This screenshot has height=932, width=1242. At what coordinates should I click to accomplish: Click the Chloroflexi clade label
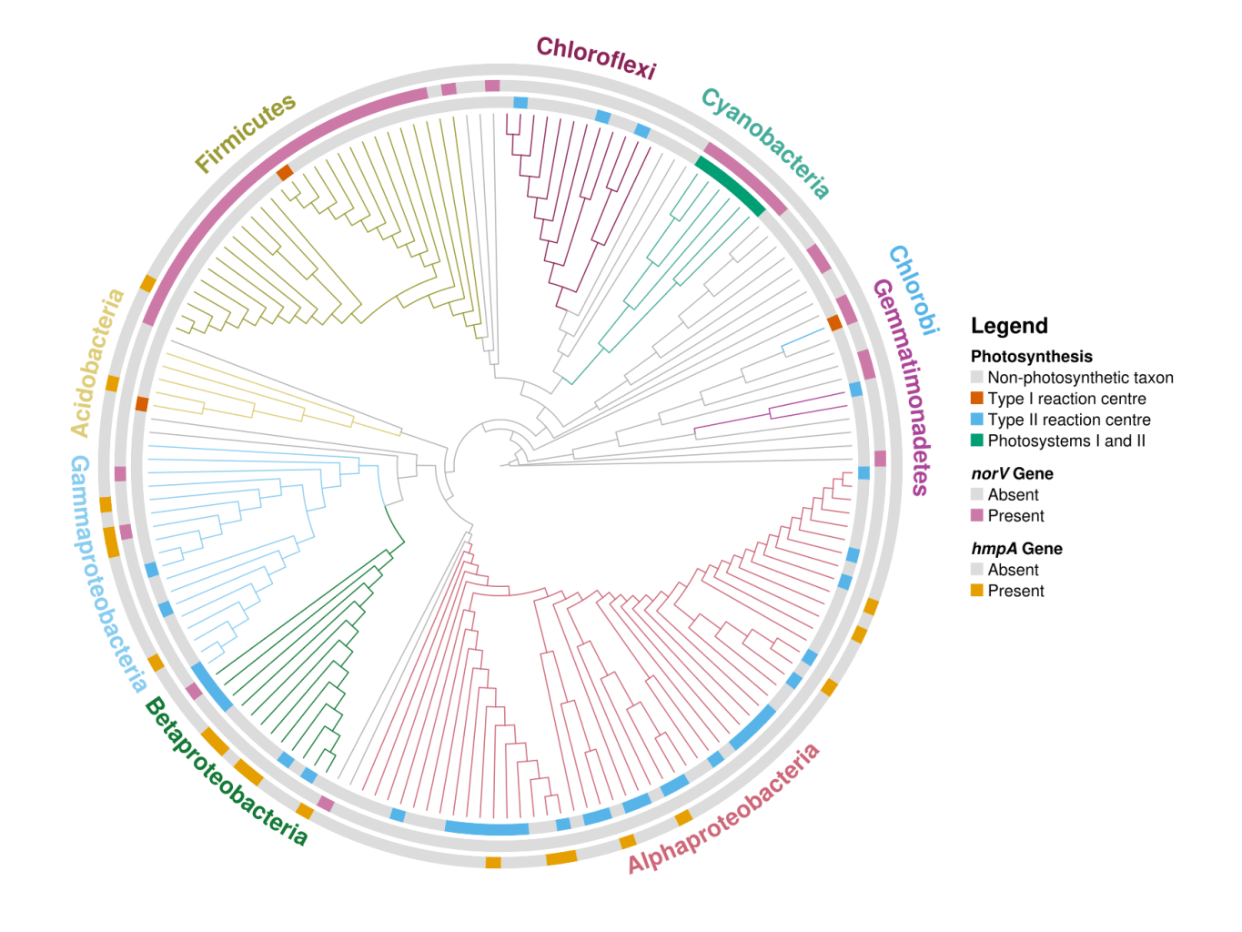[596, 57]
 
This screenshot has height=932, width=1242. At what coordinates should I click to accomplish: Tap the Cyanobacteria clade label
[765, 143]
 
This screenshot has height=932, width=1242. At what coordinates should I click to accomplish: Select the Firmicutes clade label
[246, 133]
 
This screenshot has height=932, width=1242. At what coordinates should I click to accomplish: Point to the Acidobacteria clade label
[96, 362]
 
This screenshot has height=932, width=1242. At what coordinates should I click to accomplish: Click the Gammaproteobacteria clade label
[108, 573]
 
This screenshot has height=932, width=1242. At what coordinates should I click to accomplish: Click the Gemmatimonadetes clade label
[901, 387]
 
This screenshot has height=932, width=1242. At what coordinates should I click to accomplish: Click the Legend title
[1009, 326]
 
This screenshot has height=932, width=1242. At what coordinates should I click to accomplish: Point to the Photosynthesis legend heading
[1031, 357]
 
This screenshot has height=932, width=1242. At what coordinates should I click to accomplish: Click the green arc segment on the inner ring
[730, 186]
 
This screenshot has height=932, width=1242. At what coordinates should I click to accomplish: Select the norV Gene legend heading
[1012, 473]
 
